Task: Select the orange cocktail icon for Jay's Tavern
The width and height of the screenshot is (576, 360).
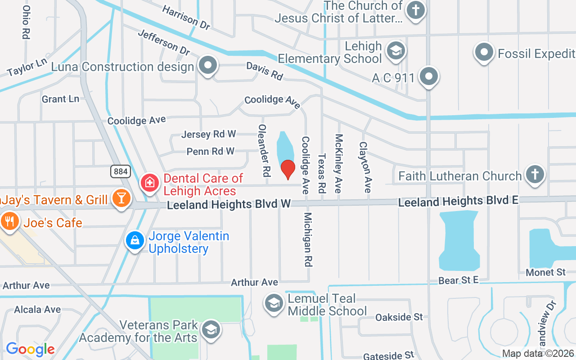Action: tap(121, 198)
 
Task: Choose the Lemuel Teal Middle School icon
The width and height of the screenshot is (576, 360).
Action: tap(274, 303)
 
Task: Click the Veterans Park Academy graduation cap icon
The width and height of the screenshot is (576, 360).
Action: tap(210, 330)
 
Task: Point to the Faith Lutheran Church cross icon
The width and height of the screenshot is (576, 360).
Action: tap(535, 174)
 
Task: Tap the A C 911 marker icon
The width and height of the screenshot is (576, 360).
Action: tap(429, 76)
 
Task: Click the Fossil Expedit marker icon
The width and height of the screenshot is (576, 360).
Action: tap(484, 52)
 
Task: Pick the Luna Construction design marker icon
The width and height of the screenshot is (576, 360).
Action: tap(207, 65)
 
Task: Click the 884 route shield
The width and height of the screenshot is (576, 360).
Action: tap(121, 171)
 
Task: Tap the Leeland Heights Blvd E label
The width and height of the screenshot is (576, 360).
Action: tap(458, 201)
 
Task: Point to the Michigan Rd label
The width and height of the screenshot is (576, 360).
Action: tap(308, 239)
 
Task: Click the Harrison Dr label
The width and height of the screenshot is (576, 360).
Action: tap(186, 18)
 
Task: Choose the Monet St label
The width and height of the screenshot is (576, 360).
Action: tap(545, 272)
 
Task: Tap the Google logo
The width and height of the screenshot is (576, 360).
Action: tap(30, 349)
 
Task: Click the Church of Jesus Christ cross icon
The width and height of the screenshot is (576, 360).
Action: tap(415, 11)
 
